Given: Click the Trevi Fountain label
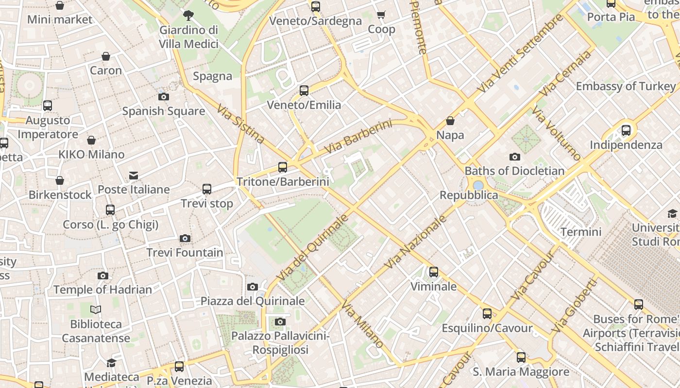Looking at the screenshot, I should (x=185, y=253).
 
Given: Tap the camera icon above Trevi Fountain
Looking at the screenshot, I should (x=185, y=238).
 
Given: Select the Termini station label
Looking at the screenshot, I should (x=581, y=232).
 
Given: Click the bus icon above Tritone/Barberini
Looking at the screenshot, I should (x=283, y=167).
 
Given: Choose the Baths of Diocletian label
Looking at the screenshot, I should (x=514, y=171).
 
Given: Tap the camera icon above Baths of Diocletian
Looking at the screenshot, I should (x=515, y=157).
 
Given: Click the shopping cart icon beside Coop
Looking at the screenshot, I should (x=381, y=15).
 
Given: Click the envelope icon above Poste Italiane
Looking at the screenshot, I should (x=134, y=175).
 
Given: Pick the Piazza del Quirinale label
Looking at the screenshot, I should (x=253, y=301).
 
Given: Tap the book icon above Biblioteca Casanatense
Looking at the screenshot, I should (x=96, y=309).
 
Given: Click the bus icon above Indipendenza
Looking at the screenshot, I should (x=626, y=130).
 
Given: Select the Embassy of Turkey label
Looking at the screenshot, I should (x=626, y=86).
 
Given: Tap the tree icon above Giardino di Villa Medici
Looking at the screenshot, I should (x=188, y=16).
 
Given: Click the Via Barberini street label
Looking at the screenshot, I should (x=357, y=137).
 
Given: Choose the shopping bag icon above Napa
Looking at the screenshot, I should (x=450, y=121).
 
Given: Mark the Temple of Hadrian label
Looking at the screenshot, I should (x=102, y=290).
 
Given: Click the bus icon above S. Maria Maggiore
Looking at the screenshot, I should (x=521, y=357).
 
